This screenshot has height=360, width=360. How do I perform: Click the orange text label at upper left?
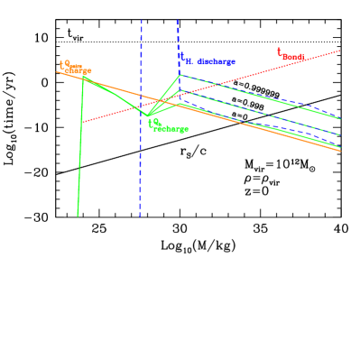pos(76,68)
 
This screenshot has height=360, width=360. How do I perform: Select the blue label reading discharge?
pos(207,60)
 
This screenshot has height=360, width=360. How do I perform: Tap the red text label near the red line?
pos(291,55)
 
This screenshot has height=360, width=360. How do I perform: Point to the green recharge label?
pos(169,126)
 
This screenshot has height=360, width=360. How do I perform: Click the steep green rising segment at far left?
pos(80,144)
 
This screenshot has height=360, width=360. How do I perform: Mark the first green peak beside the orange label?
pos(84,77)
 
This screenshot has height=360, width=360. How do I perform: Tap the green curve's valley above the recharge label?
pos(147,115)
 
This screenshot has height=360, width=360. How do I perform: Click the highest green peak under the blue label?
pos(180,75)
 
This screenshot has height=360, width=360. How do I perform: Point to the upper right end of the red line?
pos(340,51)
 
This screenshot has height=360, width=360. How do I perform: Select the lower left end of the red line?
pos(83,122)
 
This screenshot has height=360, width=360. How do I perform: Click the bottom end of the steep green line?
pos(78,216)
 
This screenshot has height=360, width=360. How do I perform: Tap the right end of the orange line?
pos(341,151)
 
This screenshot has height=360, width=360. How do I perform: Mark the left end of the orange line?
pos(56,71)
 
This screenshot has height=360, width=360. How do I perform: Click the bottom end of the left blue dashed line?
pos(140,217)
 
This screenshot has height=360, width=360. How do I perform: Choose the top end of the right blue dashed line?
pos(178,20)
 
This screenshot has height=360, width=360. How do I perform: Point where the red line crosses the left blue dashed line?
pos(141,106)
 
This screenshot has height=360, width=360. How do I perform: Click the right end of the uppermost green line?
pos(341,118)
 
